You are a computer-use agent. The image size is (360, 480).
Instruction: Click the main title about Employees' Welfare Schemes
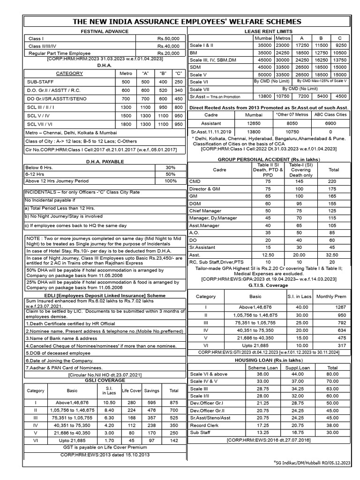point(186,22)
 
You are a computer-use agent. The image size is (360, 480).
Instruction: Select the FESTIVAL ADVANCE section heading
point(105,31)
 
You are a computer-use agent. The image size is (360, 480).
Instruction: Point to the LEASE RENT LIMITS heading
point(268,31)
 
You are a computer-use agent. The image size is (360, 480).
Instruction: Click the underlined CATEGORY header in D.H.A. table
point(69,74)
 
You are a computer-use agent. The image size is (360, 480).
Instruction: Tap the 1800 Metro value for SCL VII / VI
point(126,124)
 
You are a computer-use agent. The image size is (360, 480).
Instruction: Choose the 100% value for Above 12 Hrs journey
point(171,180)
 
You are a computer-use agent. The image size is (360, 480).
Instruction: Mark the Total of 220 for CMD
point(331,180)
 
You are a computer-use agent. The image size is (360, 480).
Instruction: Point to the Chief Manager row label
point(205,210)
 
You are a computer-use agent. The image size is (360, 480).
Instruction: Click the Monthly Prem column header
point(331,297)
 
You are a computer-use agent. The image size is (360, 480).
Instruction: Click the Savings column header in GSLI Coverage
point(151,390)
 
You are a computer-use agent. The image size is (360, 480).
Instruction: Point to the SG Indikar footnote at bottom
point(312,463)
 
